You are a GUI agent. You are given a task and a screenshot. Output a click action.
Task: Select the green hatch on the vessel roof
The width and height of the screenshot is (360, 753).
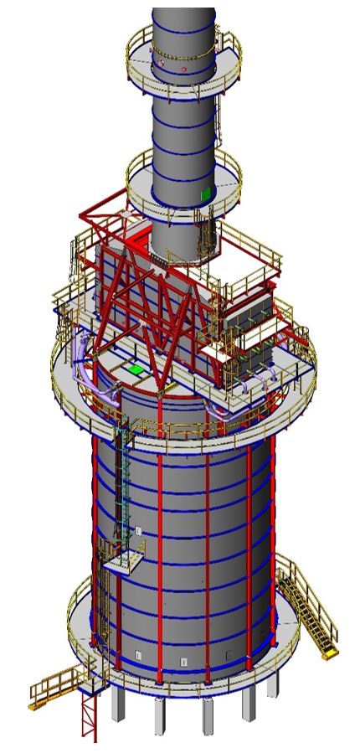tap(134, 368)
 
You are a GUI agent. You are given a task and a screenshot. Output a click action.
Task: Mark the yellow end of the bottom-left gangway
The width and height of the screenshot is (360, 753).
tap(35, 707)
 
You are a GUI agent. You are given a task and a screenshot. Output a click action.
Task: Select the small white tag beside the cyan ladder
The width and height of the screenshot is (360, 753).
tap(139, 529)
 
